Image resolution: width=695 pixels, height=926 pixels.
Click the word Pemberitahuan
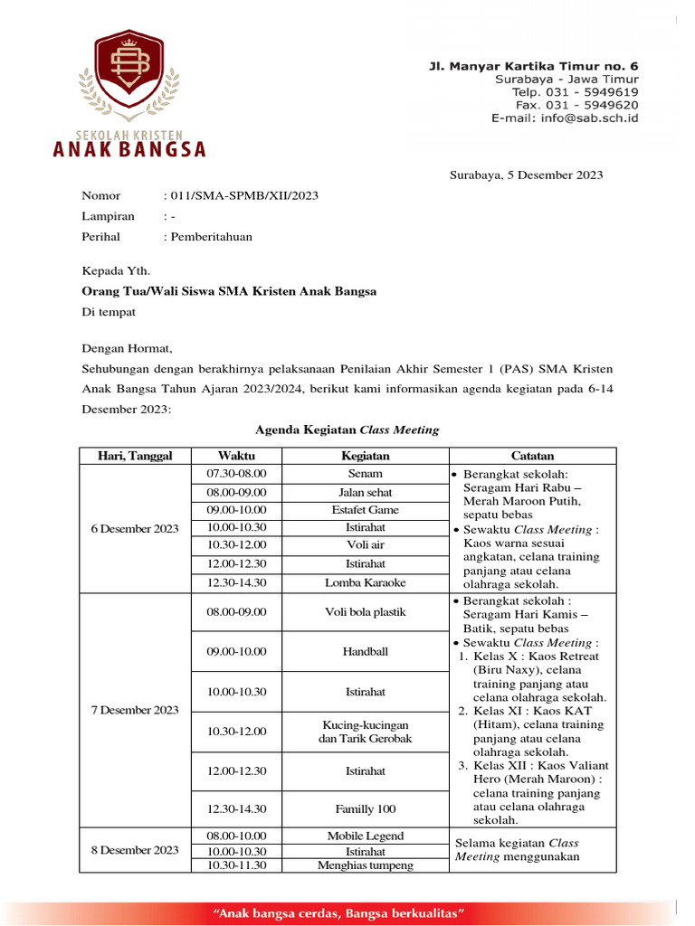210,237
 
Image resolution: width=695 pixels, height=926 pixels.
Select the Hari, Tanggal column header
135,456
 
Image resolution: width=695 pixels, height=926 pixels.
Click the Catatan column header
532,456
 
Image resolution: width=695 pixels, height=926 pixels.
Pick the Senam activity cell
365,474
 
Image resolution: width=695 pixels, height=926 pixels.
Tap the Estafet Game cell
365,510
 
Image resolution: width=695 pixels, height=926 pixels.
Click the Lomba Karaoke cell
365,583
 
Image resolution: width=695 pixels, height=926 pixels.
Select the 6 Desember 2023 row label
135,529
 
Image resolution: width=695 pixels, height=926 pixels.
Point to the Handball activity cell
365,651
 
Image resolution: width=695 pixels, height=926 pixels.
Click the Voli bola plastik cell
365,612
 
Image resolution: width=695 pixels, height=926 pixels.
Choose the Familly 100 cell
365,809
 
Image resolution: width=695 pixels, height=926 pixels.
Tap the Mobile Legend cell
365,836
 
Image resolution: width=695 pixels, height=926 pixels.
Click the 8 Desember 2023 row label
135,850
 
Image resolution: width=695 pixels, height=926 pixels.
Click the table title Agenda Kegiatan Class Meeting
347,430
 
